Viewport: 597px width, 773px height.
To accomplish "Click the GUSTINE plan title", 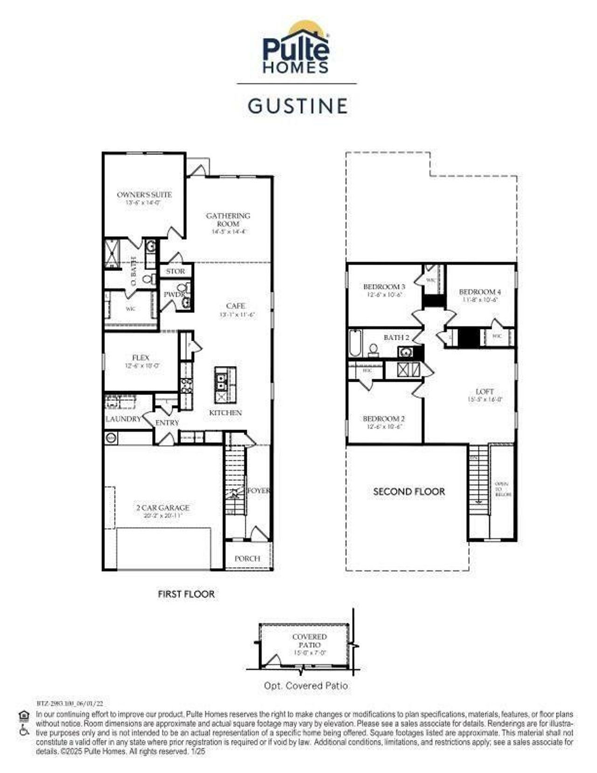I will [x=298, y=106].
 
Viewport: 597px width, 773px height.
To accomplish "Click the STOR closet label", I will [x=175, y=271].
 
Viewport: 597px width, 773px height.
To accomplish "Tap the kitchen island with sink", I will [x=225, y=385].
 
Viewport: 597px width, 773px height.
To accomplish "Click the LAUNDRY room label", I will [x=123, y=419].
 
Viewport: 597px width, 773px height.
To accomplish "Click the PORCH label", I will [x=247, y=558].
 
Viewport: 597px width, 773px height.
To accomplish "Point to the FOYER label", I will [x=258, y=491].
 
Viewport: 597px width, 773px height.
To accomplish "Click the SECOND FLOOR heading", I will [x=409, y=492].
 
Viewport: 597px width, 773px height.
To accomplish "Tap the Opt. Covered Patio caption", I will [x=305, y=686].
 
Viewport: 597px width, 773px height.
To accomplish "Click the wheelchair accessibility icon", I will [x=24, y=731].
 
